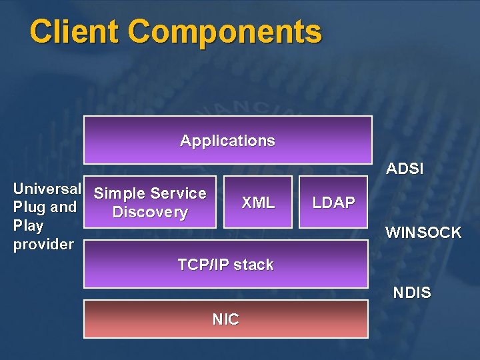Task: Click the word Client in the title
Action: (74, 31)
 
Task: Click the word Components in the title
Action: (225, 31)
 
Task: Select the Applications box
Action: (227, 140)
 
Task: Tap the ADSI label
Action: (405, 169)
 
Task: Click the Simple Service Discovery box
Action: (150, 202)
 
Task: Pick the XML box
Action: (257, 202)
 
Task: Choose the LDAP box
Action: (334, 202)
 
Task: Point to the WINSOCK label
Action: (423, 233)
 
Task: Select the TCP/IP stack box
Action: (225, 264)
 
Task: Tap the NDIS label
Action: (412, 293)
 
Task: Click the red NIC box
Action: (225, 319)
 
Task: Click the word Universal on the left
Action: (47, 189)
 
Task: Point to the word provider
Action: (43, 244)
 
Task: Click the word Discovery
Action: (150, 212)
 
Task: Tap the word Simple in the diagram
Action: (117, 193)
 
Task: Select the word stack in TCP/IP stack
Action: (253, 265)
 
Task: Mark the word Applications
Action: (227, 141)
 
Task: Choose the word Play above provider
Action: (29, 225)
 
